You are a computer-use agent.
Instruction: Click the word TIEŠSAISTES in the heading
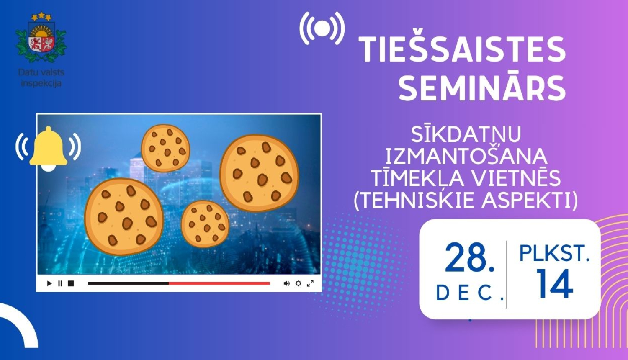click(463, 50)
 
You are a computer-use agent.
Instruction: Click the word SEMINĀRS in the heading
click(482, 88)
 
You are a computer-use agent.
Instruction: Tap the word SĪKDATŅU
click(466, 134)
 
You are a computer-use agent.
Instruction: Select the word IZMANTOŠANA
click(466, 156)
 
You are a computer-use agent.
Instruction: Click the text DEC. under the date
click(469, 293)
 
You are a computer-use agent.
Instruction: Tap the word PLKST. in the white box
click(554, 253)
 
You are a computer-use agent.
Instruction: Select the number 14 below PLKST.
click(554, 284)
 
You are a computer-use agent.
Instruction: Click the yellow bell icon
click(48, 148)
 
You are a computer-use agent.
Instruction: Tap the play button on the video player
click(49, 283)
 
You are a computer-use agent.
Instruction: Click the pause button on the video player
click(60, 283)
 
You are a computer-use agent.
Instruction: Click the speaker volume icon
click(286, 283)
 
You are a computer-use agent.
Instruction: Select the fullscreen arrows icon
click(310, 283)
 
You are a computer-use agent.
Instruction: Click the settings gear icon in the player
click(298, 283)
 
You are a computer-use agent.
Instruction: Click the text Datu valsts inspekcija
click(41, 78)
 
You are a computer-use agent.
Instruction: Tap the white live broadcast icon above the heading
click(322, 28)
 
